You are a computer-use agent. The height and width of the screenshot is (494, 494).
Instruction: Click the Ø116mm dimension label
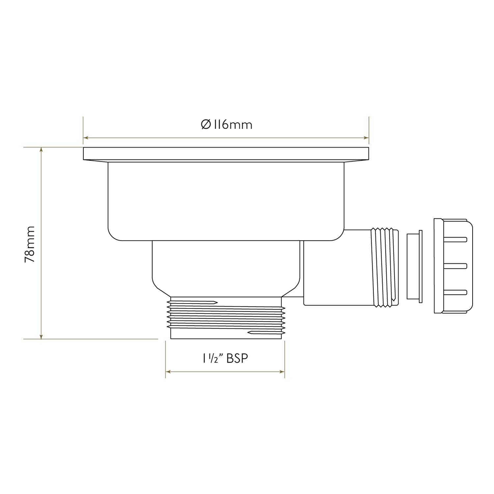pos(226,125)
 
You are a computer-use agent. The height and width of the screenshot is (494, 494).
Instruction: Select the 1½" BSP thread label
pos(225,358)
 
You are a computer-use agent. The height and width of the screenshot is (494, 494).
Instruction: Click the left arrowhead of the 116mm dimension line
pos(86,138)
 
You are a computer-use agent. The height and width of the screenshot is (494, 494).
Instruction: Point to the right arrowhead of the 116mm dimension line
pos(366,138)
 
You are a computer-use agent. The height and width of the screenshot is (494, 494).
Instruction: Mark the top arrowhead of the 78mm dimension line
pos(41,150)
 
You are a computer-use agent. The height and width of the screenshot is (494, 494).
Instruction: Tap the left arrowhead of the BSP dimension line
pos(168,372)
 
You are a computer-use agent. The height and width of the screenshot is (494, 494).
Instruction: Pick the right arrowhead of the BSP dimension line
pos(282,372)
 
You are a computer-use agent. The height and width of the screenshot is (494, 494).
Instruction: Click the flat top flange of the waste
pos(226,153)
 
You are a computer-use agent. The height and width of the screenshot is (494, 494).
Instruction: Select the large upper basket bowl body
pos(226,201)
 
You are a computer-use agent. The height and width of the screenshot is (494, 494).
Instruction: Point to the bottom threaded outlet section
pos(226,318)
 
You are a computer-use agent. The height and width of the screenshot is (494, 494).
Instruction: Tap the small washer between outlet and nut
pos(414,266)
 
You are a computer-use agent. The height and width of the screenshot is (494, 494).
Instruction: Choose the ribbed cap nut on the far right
pos(453,266)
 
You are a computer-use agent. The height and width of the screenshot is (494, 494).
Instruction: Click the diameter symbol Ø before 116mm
pos(206,125)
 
